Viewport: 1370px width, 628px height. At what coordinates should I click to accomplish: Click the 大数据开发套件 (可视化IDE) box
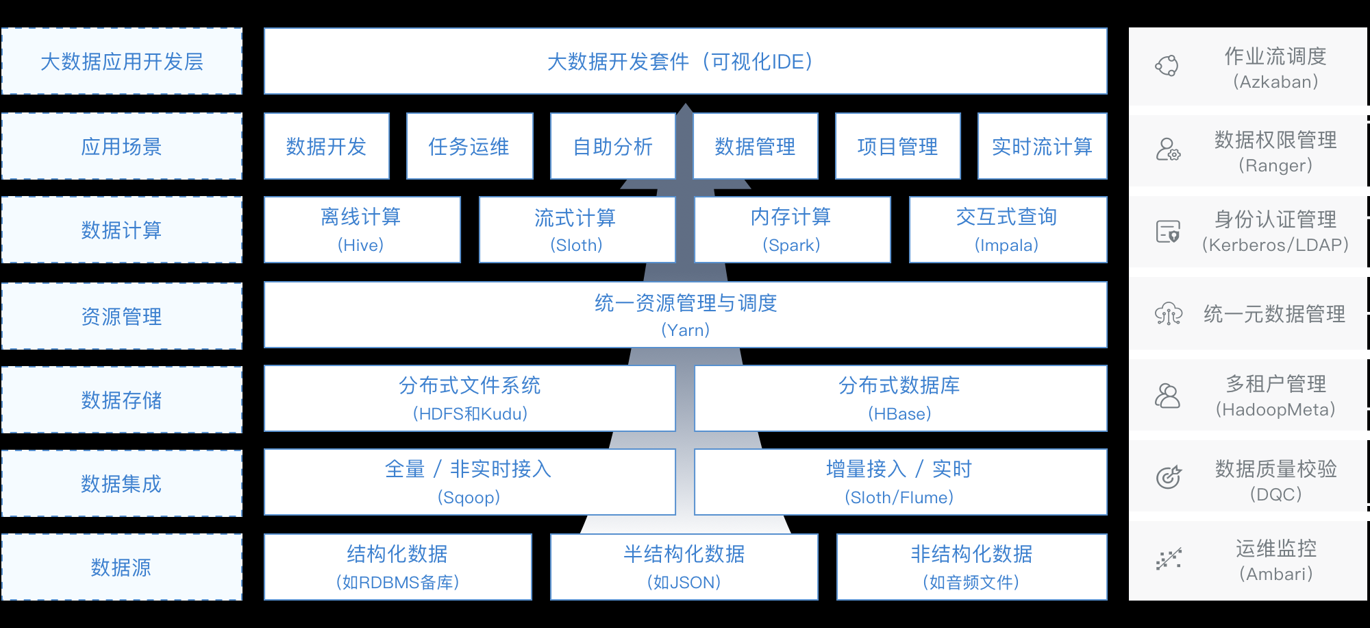click(685, 61)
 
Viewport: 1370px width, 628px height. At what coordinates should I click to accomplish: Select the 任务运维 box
click(469, 146)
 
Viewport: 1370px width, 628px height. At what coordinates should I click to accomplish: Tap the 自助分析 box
click(612, 146)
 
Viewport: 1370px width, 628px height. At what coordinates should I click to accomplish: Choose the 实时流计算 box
click(1042, 146)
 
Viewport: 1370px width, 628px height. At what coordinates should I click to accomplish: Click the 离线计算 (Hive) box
click(362, 230)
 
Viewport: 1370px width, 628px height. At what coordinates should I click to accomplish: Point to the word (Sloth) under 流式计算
click(576, 245)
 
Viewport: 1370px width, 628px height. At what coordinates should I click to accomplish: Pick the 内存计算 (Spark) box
click(792, 230)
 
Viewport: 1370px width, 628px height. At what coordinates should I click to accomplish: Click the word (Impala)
click(1006, 245)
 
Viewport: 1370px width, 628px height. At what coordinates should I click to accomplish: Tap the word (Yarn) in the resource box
click(685, 330)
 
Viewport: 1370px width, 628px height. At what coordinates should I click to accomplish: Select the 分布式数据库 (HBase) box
click(900, 398)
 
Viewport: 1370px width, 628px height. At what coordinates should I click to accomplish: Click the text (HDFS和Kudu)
click(470, 414)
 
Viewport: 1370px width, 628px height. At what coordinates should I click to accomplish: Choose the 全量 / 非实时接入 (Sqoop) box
click(469, 482)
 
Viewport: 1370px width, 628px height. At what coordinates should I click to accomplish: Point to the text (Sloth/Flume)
click(899, 498)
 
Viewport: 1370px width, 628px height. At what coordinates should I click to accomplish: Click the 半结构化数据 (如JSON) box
click(684, 567)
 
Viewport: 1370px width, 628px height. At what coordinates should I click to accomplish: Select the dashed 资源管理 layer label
click(122, 316)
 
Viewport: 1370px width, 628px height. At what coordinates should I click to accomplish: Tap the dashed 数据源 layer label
click(122, 567)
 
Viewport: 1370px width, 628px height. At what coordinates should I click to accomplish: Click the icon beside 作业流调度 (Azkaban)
click(1167, 66)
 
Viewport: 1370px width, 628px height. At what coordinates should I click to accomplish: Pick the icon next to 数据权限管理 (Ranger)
click(1168, 149)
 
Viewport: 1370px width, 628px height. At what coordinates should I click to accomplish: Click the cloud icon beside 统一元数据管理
click(1168, 314)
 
